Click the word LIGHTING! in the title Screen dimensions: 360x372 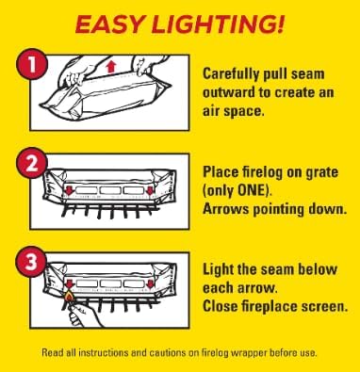click(x=218, y=24)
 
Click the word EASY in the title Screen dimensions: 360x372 click(x=110, y=24)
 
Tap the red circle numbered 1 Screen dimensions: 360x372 click(x=32, y=67)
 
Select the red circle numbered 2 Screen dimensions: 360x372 click(x=32, y=164)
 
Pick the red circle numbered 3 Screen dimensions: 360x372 click(x=31, y=262)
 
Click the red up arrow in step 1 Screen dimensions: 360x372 click(x=111, y=67)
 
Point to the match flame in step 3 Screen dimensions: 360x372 click(x=68, y=296)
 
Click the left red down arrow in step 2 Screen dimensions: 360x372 click(x=69, y=189)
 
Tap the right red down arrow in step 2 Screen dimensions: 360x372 click(x=150, y=189)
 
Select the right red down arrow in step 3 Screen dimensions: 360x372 click(x=151, y=283)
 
